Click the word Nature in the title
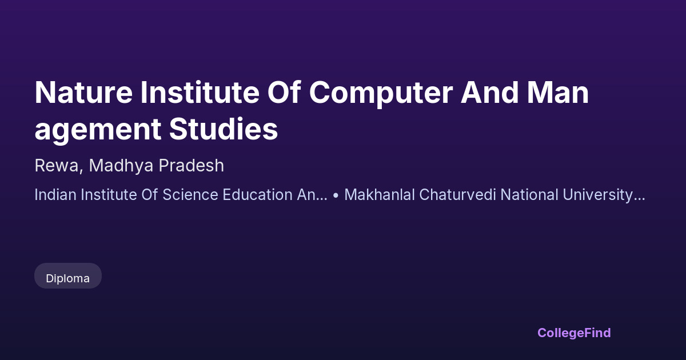click(x=83, y=93)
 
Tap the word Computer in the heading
click(x=381, y=94)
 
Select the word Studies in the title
click(x=224, y=129)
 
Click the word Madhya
click(x=121, y=166)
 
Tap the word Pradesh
click(x=192, y=165)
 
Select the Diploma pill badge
click(x=68, y=276)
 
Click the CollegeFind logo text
click(x=574, y=333)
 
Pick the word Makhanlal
click(x=380, y=195)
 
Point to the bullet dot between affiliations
click(x=336, y=195)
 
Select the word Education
click(x=258, y=195)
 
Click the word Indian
click(x=55, y=195)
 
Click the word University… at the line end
click(x=604, y=195)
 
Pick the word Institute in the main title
click(x=200, y=92)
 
